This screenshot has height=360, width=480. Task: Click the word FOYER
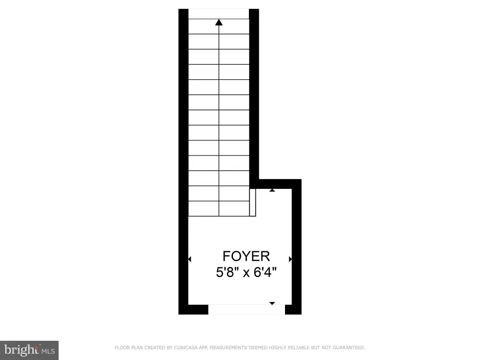[246, 256]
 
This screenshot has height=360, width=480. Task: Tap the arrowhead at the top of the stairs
[219, 22]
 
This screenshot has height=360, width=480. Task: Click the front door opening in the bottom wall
[246, 309]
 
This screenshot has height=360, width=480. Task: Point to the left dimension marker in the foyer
[190, 259]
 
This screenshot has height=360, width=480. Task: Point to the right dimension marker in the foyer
[290, 259]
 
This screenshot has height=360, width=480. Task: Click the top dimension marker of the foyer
[272, 190]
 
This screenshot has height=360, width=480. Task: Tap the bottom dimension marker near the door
[272, 303]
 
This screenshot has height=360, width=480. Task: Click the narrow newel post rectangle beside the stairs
[253, 202]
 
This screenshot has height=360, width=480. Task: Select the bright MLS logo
[29, 350]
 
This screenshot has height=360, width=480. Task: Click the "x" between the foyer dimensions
[246, 272]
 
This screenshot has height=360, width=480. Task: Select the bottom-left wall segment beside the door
[193, 309]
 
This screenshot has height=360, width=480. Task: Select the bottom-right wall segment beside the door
[293, 309]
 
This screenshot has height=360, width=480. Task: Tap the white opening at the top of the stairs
[218, 14]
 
